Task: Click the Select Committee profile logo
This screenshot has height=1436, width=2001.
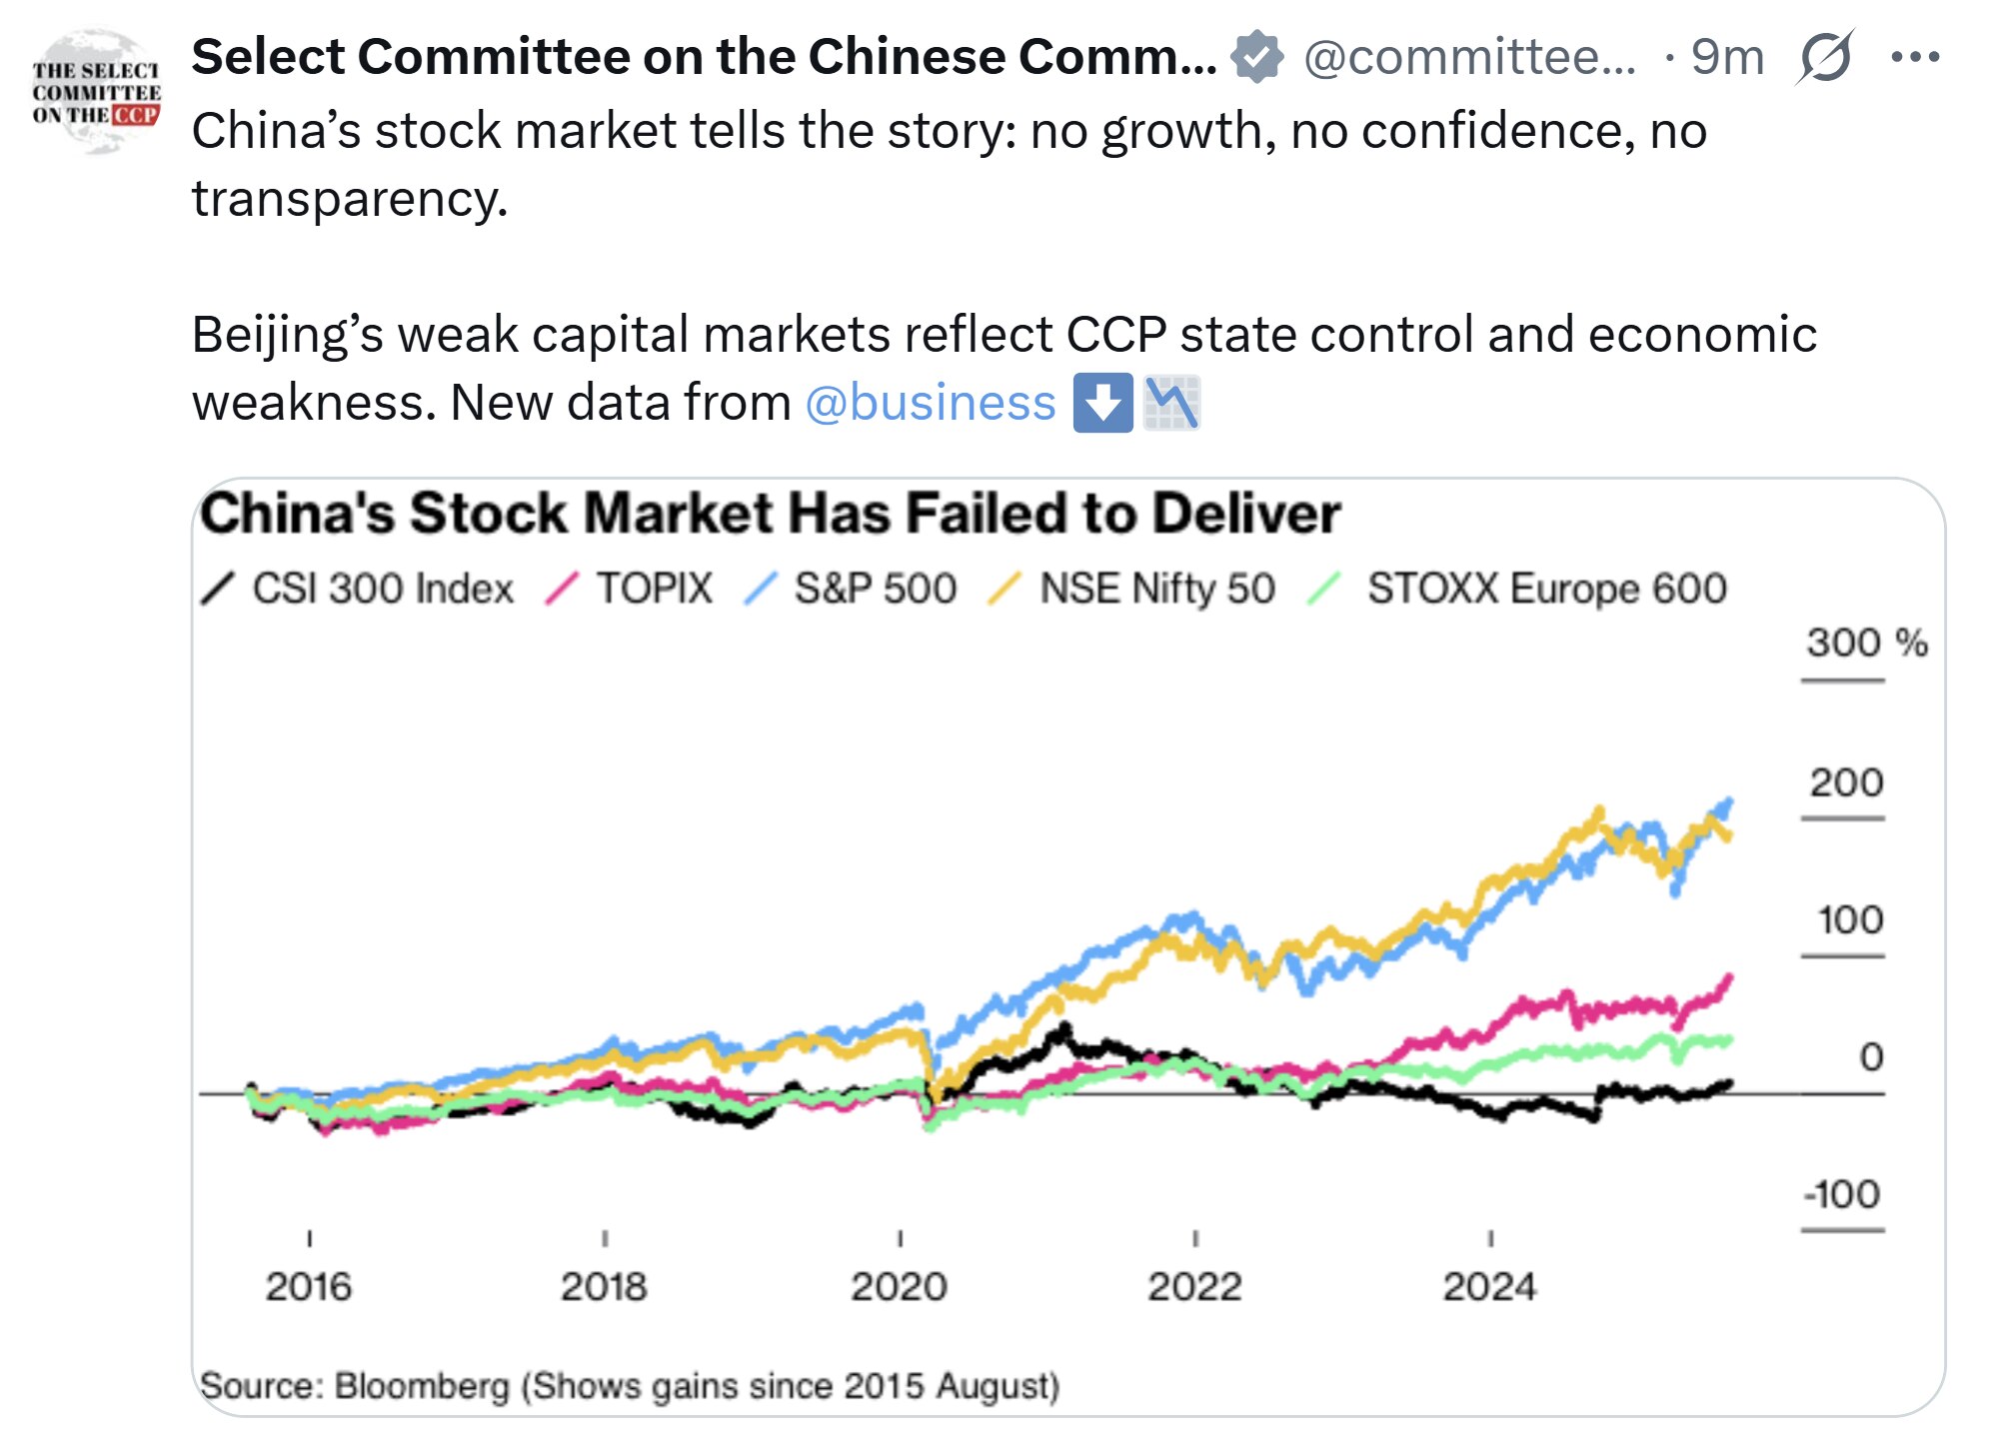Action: pyautogui.click(x=96, y=92)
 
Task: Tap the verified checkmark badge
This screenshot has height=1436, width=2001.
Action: pyautogui.click(x=1256, y=56)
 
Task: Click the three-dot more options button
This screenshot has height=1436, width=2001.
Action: pyautogui.click(x=1915, y=57)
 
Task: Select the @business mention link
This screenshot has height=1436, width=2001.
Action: pyautogui.click(x=930, y=403)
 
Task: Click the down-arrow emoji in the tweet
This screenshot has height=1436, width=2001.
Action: pyautogui.click(x=1102, y=403)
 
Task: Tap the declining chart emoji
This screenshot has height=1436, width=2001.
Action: pyautogui.click(x=1171, y=403)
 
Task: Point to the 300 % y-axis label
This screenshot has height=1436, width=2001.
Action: pyautogui.click(x=1865, y=643)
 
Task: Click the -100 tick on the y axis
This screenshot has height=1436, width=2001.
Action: pyautogui.click(x=1842, y=1194)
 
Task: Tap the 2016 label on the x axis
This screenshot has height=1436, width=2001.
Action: pyautogui.click(x=308, y=1286)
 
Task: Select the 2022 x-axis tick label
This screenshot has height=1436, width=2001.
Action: pyautogui.click(x=1194, y=1286)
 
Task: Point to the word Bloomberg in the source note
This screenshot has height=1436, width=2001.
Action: pyautogui.click(x=421, y=1386)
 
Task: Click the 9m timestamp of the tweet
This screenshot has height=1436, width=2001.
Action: pyautogui.click(x=1726, y=57)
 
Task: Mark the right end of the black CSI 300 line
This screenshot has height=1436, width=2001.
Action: pyautogui.click(x=1729, y=1082)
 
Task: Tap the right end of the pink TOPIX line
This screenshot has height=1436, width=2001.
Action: pyautogui.click(x=1729, y=977)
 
